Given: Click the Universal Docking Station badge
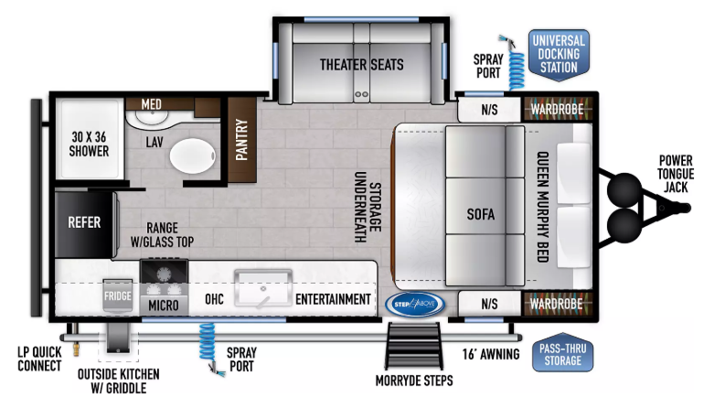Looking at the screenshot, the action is [x=559, y=55].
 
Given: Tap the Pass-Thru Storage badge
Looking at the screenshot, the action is [x=562, y=353].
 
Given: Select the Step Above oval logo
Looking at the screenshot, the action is [x=415, y=305].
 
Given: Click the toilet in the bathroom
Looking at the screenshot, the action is [x=193, y=156].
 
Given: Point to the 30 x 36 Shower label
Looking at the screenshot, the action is [x=89, y=144].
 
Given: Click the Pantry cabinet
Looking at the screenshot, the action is [x=242, y=140].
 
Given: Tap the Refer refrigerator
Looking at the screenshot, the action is [x=85, y=223].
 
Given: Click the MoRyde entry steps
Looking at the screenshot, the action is [x=414, y=346].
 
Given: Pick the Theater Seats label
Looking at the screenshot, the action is [x=361, y=65].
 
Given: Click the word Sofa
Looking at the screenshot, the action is [x=480, y=214].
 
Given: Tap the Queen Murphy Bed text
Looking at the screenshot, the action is [x=543, y=207].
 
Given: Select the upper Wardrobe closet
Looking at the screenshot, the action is [x=558, y=109].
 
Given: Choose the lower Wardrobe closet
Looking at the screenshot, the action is [x=557, y=304].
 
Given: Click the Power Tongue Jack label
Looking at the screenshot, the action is [x=676, y=174].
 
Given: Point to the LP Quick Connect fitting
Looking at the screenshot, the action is [x=76, y=349].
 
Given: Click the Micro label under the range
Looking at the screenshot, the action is [x=164, y=306].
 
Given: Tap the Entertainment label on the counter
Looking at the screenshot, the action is [x=333, y=299].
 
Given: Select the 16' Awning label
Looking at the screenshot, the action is [x=491, y=354].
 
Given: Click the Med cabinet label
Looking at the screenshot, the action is [x=151, y=104].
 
